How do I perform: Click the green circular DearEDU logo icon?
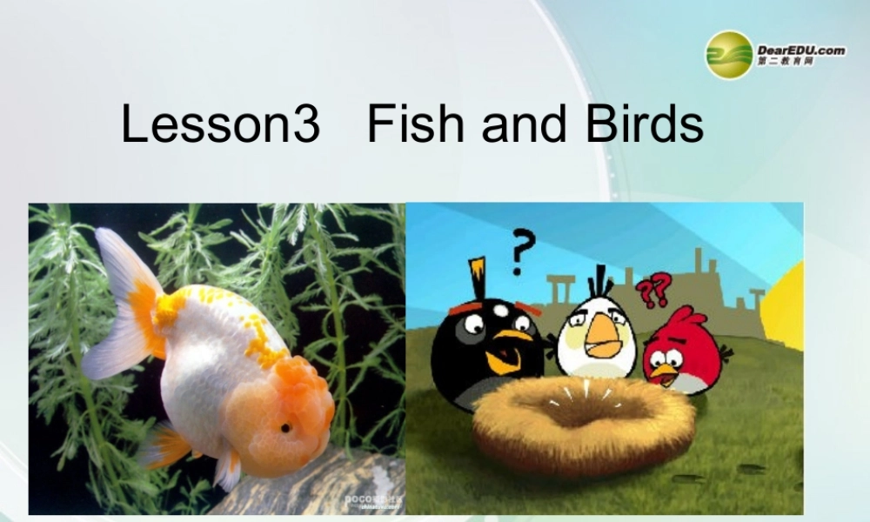[728, 54]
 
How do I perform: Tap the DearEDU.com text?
[801, 50]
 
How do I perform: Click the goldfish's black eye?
[284, 427]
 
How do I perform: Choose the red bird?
[683, 352]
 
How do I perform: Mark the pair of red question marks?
[652, 291]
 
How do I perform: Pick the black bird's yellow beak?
[515, 339]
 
